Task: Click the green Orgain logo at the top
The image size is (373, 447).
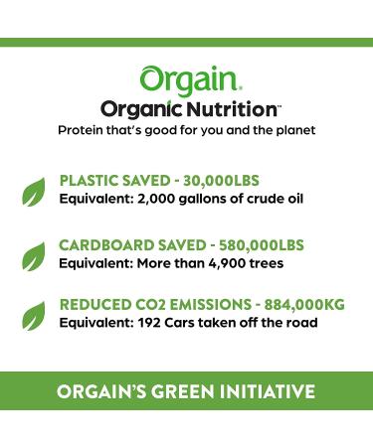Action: (x=186, y=78)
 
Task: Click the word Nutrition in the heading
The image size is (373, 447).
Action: (x=231, y=109)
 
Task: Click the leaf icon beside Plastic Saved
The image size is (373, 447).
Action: (x=34, y=188)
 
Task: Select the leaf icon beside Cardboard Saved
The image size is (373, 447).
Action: (x=34, y=252)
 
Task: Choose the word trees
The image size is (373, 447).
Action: (x=268, y=262)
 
